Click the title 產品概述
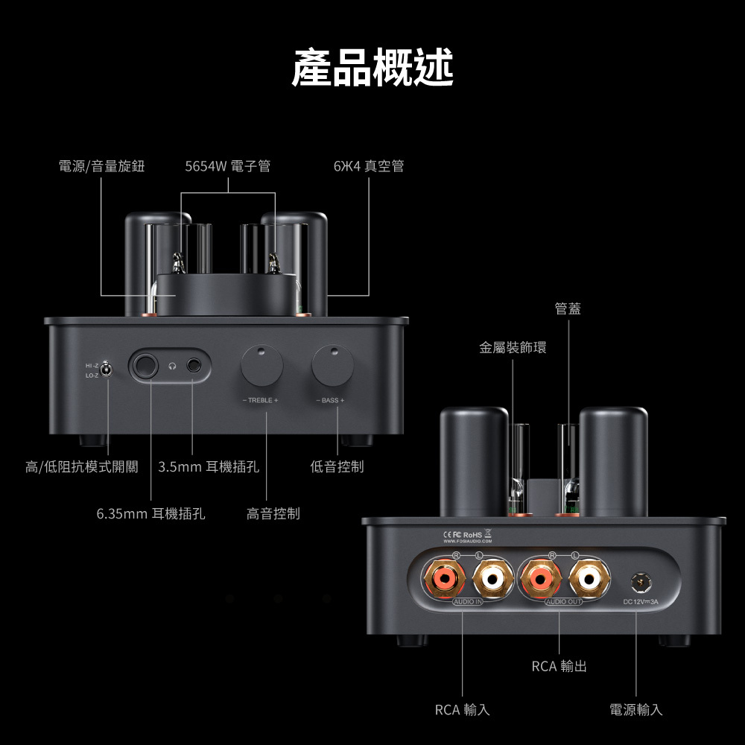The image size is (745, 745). [372, 67]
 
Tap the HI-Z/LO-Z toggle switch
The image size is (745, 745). [107, 370]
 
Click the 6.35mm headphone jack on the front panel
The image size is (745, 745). [145, 365]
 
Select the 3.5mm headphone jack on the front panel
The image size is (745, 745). [194, 365]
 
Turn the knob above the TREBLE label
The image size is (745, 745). [261, 365]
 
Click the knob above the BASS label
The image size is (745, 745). [332, 365]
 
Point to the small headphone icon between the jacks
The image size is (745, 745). [173, 366]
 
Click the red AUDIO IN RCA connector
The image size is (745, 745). [445, 578]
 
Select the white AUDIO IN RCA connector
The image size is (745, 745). [492, 578]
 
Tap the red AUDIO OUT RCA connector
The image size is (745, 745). [541, 578]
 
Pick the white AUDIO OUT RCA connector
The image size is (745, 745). [589, 578]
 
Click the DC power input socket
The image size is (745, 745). [641, 582]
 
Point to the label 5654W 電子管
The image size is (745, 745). [227, 166]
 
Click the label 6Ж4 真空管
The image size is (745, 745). [369, 166]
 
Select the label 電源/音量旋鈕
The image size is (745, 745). [101, 166]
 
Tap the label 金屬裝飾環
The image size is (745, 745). [513, 347]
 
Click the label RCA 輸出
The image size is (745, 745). [559, 666]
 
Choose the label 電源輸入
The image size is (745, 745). [636, 710]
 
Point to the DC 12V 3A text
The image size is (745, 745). [641, 602]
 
